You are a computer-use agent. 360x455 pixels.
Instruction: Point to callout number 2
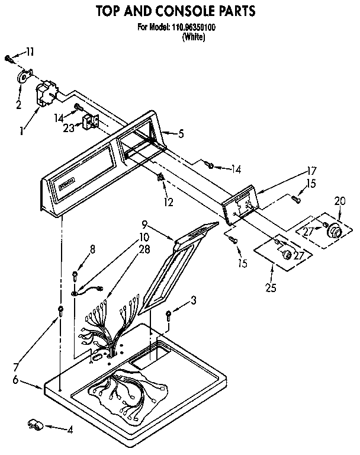(18, 105)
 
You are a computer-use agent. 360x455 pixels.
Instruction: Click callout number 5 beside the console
(181, 133)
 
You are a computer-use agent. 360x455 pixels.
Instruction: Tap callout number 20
(340, 200)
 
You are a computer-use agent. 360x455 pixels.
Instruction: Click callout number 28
(144, 249)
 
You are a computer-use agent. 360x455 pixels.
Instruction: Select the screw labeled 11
(8, 58)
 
